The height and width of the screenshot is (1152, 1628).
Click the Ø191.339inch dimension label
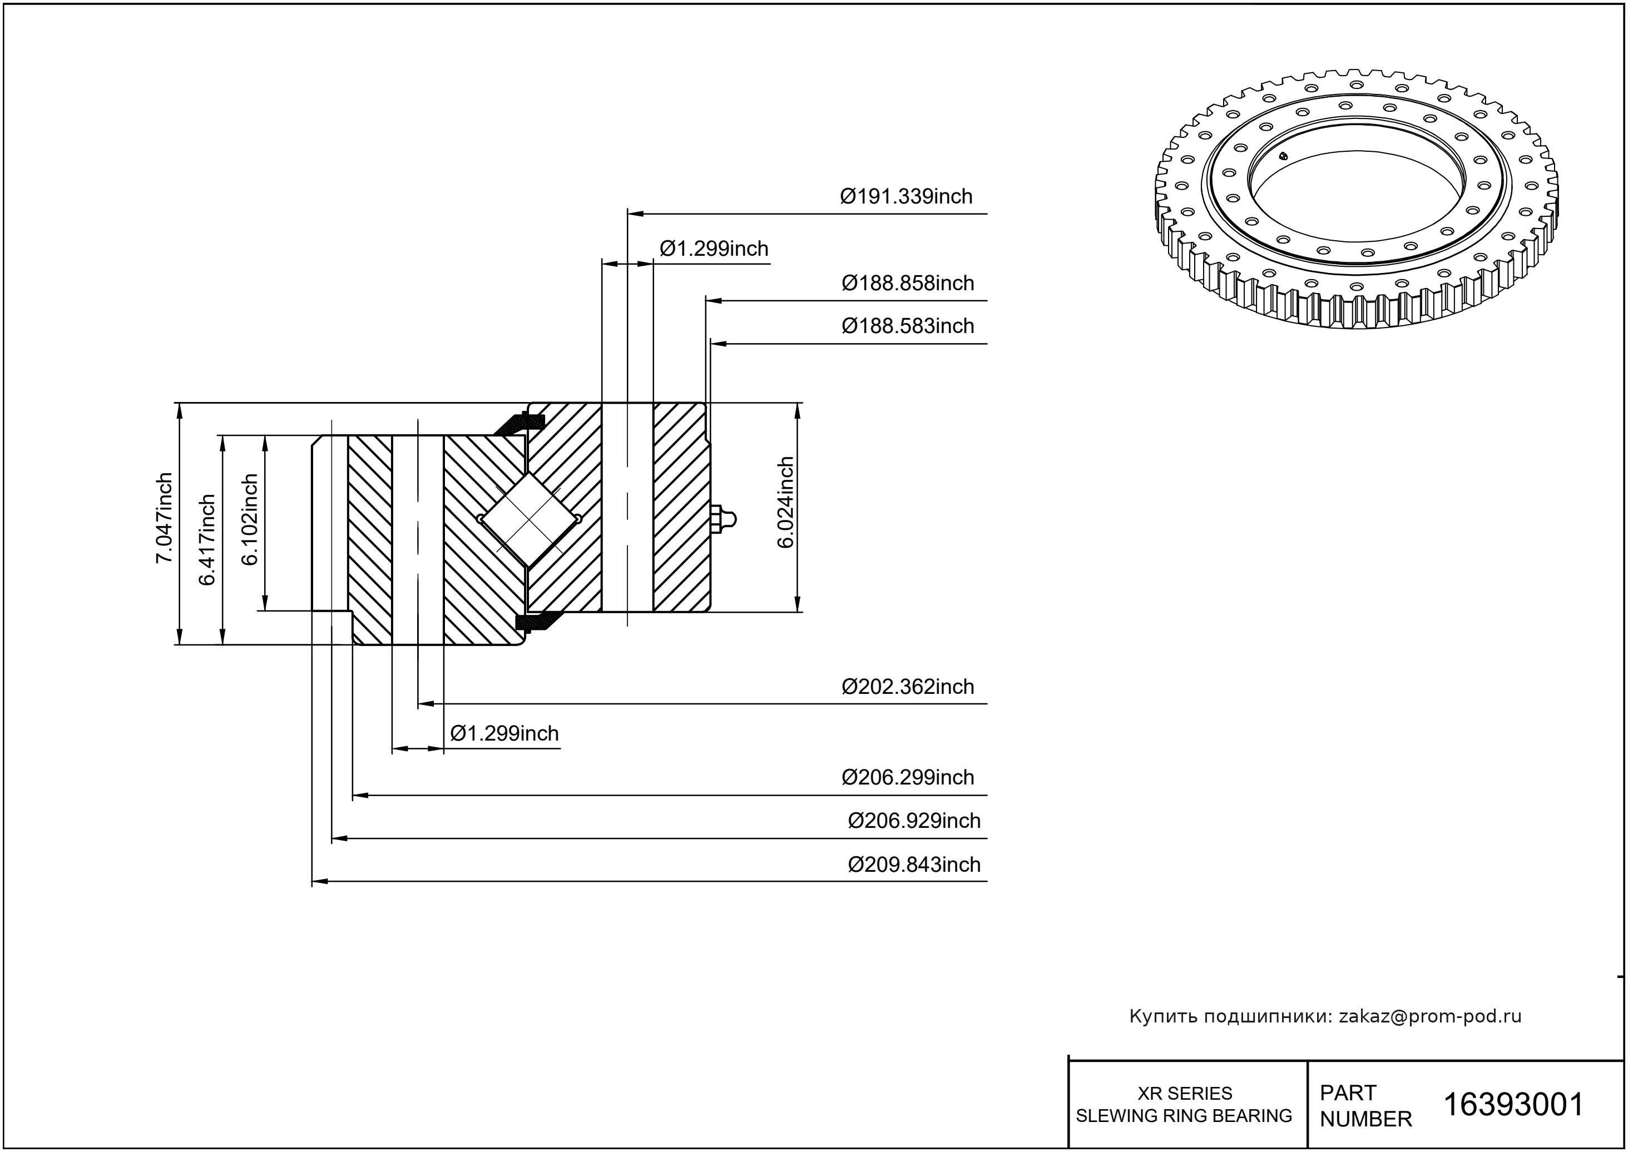click(x=905, y=196)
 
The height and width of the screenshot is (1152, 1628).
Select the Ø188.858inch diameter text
click(x=907, y=283)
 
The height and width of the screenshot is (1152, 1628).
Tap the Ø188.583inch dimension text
click(x=907, y=326)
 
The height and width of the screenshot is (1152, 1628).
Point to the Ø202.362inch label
click(x=907, y=687)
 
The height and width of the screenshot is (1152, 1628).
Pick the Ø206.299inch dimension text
click(x=907, y=777)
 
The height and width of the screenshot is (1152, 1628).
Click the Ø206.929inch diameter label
click(x=913, y=821)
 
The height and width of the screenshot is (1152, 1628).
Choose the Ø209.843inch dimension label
click(x=913, y=865)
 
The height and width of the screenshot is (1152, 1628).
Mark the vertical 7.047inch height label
click(x=165, y=518)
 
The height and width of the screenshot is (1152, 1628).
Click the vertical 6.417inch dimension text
click(x=207, y=540)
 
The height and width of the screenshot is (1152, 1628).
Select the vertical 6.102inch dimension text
click(x=250, y=519)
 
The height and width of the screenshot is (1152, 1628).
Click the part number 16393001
click(x=1514, y=1105)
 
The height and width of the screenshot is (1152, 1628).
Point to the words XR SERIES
click(x=1185, y=1093)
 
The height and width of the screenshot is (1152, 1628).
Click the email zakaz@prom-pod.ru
click(x=1429, y=1016)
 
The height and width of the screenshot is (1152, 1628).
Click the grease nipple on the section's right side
click(x=724, y=520)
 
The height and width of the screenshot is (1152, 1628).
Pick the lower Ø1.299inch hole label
click(x=504, y=733)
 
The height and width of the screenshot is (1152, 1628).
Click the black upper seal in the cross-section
click(x=520, y=424)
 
